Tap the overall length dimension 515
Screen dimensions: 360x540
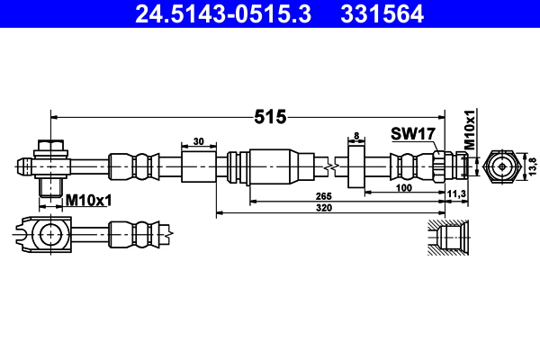click(270, 117)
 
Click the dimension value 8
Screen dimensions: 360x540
click(357, 136)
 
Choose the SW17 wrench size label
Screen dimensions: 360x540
click(413, 134)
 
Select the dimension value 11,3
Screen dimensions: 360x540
click(457, 193)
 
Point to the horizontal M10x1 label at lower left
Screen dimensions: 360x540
click(88, 200)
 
